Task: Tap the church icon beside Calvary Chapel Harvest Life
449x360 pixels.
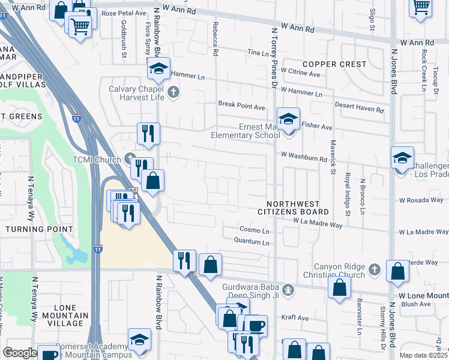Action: coord(173,92)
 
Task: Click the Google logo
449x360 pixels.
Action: coord(19,353)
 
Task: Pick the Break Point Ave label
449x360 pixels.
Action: coord(241,106)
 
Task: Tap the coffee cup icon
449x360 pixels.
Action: coord(256,326)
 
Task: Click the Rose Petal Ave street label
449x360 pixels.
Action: coord(124,12)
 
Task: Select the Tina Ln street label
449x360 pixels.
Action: coord(259,53)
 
